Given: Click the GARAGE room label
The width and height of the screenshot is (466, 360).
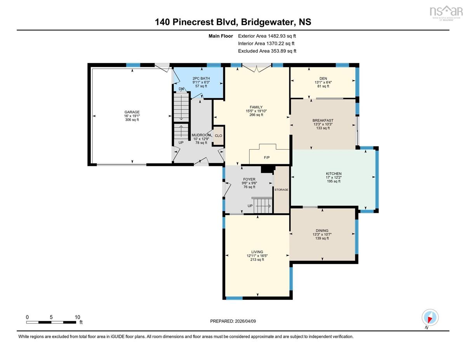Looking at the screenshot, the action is click(132, 112).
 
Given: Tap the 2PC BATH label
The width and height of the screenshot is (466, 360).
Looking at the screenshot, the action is click(201, 78).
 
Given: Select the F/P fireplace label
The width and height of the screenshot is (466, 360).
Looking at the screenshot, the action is click(266, 158).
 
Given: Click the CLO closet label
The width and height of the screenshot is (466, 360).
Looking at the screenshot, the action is click(218, 136).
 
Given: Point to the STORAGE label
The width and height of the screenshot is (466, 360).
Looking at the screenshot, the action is click(282, 190).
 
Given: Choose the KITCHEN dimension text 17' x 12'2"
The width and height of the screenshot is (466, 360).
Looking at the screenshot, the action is click(334, 177).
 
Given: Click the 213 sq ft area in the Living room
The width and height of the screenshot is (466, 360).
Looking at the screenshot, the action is click(257, 260).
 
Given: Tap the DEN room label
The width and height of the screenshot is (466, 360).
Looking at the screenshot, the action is click(323, 78).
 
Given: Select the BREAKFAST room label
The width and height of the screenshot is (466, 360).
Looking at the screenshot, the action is click(323, 120).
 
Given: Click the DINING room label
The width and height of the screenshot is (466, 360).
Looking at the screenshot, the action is click(322, 231).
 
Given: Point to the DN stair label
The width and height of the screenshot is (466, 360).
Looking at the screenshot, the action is click(181, 89).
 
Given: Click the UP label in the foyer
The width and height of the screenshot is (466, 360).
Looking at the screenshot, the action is click(250, 206).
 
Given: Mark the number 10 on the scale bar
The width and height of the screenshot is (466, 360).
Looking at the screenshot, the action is click(77, 317).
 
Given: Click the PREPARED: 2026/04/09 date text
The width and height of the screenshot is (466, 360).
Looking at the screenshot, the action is click(233, 321).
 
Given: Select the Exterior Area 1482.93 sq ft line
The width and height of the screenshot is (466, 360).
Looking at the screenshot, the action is click(267, 36).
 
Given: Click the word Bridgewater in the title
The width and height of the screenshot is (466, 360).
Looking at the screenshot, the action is click(268, 22).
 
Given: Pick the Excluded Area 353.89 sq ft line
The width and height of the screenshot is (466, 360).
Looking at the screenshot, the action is click(267, 51).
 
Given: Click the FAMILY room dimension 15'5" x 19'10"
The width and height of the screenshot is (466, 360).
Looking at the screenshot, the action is click(256, 111).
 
